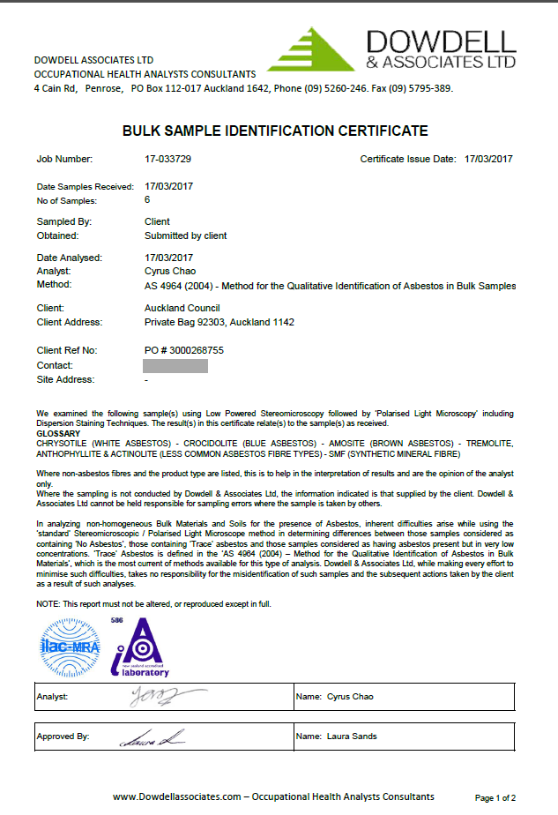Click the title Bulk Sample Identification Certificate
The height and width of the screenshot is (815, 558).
pyautogui.click(x=275, y=131)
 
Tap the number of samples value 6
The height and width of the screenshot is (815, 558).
pyautogui.click(x=147, y=200)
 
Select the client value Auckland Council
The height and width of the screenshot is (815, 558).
pyautogui.click(x=182, y=308)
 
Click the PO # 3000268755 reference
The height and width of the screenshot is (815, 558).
pyautogui.click(x=183, y=350)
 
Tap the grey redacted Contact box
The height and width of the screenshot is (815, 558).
pyautogui.click(x=175, y=365)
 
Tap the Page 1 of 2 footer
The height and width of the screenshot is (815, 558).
pyautogui.click(x=495, y=797)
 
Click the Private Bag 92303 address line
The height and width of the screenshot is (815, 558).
pyautogui.click(x=218, y=322)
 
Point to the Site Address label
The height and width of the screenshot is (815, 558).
pyautogui.click(x=65, y=379)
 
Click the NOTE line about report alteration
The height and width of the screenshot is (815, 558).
pyautogui.click(x=153, y=604)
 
